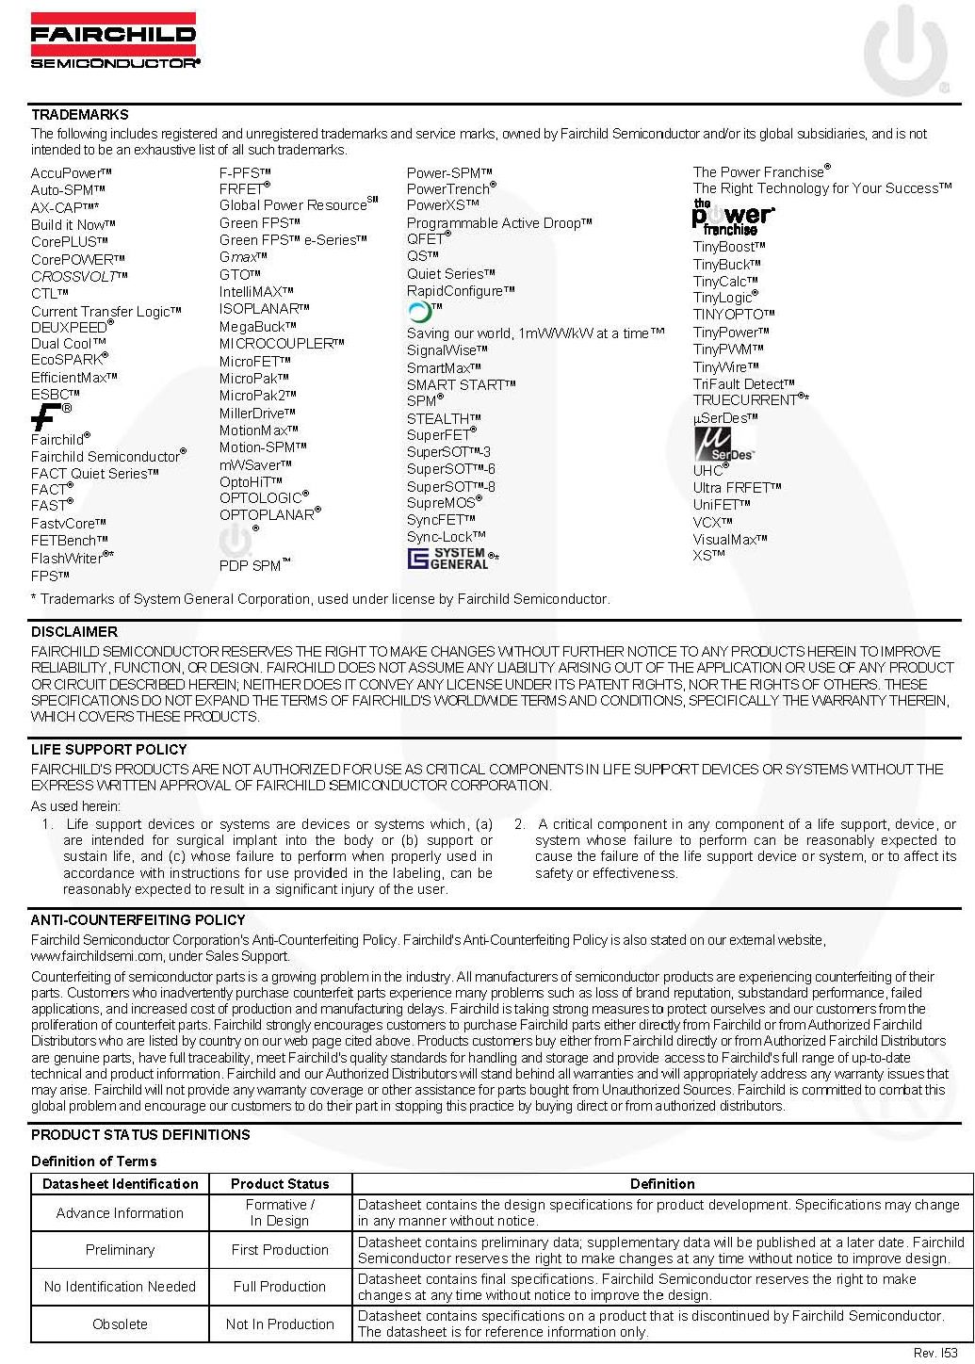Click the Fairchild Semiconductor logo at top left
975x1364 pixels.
coord(114,41)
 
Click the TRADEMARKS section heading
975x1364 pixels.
coord(80,115)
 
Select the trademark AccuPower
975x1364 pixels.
coord(71,173)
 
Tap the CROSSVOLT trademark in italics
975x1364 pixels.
coord(78,276)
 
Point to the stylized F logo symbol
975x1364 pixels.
coord(47,415)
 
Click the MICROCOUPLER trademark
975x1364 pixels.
coord(281,344)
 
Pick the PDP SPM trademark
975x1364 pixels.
coord(254,565)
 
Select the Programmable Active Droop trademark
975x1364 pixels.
coord(498,223)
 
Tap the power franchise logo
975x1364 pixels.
coord(732,218)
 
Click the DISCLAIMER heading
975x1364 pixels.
coord(74,632)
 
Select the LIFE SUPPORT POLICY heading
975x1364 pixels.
coord(109,750)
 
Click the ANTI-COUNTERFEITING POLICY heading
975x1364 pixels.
coord(138,920)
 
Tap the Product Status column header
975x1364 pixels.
coord(280,1184)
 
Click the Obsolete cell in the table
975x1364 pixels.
coord(120,1323)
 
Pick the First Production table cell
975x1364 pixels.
coord(280,1250)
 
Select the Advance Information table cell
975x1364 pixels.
coord(120,1213)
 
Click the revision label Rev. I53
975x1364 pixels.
coord(934,1353)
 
